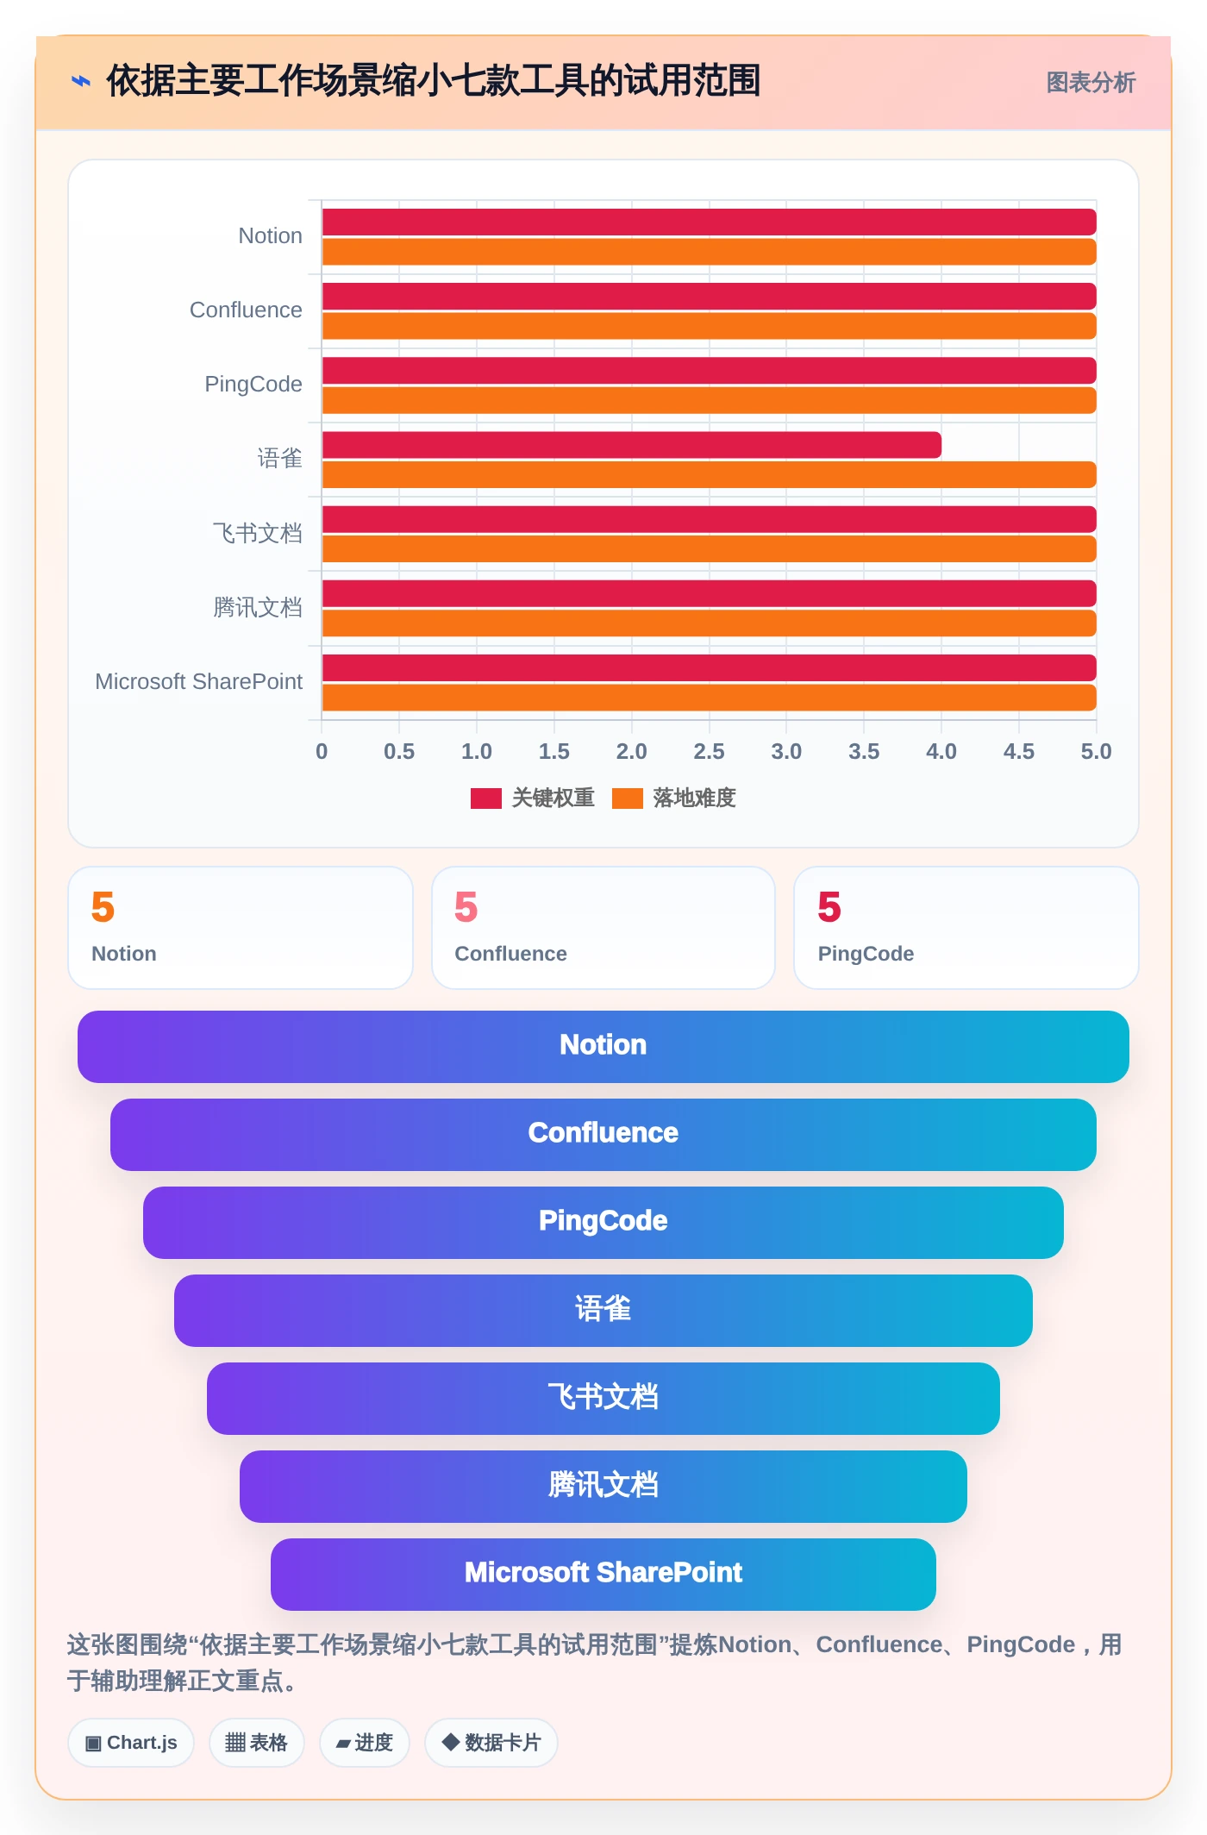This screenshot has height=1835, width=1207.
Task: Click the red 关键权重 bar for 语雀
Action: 631,445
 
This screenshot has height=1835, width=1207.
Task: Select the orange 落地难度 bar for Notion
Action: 709,252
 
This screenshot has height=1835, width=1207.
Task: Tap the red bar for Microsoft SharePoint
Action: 709,668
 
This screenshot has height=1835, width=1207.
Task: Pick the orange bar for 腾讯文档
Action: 709,623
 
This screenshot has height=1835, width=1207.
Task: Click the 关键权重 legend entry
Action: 533,799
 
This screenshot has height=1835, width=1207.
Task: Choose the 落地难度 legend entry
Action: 674,799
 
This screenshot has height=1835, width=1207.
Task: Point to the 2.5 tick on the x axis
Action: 709,752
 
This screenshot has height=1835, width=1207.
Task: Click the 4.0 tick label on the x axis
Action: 941,752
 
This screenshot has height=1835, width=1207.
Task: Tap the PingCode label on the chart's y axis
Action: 253,385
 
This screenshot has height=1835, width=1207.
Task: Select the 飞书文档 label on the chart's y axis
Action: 258,533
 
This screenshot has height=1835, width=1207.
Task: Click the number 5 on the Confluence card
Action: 466,907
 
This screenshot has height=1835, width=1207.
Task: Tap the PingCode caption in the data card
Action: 866,954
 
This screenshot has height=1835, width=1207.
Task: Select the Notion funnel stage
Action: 603,1047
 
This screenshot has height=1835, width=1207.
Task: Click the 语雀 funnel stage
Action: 603,1311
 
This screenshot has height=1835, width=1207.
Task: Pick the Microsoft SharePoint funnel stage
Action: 603,1575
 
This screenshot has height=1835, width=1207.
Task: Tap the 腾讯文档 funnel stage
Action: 603,1487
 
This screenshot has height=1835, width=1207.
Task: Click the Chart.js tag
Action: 131,1743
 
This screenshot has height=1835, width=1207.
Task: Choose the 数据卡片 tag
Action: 491,1743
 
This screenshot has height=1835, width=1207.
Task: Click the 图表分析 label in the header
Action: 1091,83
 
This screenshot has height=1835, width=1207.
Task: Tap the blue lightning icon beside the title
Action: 81,82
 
